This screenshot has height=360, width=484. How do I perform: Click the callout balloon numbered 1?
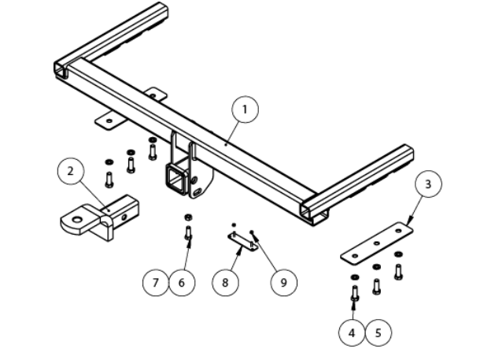[x=246, y=109]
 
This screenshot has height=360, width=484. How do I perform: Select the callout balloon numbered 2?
[x=70, y=171]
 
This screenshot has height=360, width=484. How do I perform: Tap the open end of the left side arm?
[x=61, y=72]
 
